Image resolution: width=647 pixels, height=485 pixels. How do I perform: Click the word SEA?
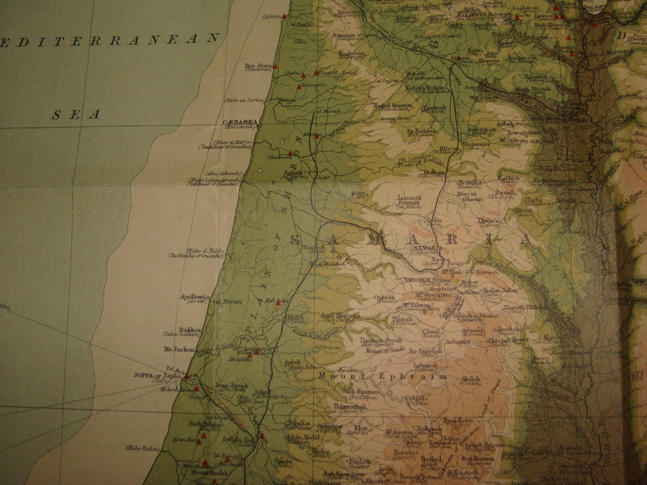point(76,115)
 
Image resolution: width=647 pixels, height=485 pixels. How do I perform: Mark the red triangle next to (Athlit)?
point(284,17)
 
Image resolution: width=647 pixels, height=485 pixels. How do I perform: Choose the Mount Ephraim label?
point(383,376)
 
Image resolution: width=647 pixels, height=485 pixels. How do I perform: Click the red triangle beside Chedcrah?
point(290,153)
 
